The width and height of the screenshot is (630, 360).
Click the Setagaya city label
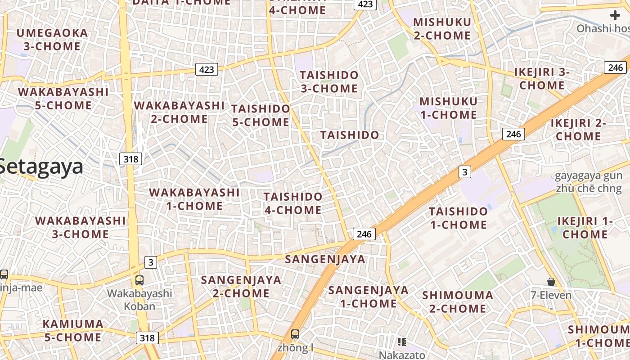[x=41, y=167]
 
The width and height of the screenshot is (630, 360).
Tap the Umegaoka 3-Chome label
[x=52, y=40]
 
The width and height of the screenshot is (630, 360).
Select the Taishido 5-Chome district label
[x=261, y=115]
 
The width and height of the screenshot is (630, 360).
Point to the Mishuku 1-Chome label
[x=448, y=108]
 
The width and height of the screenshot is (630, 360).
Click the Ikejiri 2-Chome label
[x=578, y=130]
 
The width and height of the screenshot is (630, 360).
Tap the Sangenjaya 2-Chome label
[x=241, y=286]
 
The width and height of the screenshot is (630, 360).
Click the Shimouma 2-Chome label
[x=458, y=302]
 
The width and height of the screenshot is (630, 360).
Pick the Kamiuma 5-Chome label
[x=73, y=330]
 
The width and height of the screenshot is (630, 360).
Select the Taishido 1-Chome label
[x=458, y=218]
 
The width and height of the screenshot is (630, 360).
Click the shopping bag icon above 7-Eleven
[x=551, y=282]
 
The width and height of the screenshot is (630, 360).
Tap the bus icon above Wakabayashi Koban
[x=139, y=280]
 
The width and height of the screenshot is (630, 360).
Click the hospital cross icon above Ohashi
[x=615, y=16]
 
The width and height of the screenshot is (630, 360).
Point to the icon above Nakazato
[x=402, y=342]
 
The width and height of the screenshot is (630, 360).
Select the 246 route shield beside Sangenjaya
[x=364, y=234]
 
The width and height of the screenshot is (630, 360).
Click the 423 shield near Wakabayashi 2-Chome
[x=207, y=69]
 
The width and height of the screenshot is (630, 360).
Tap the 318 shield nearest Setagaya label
[x=131, y=158]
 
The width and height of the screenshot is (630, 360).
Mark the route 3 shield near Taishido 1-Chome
[x=465, y=171]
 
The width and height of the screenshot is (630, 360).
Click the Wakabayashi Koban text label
[x=139, y=300]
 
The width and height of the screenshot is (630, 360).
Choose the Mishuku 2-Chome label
[x=442, y=29]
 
